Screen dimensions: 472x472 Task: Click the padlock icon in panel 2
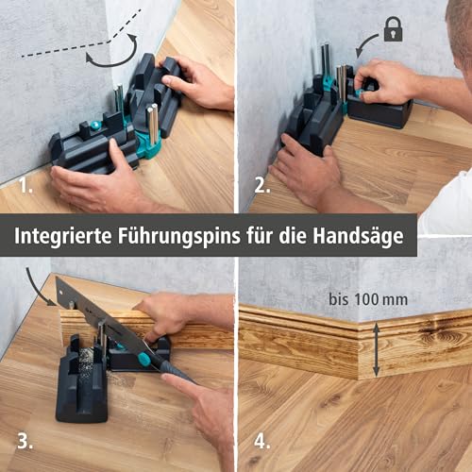click(x=393, y=29)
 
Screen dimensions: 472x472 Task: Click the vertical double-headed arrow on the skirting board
click(x=376, y=350)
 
